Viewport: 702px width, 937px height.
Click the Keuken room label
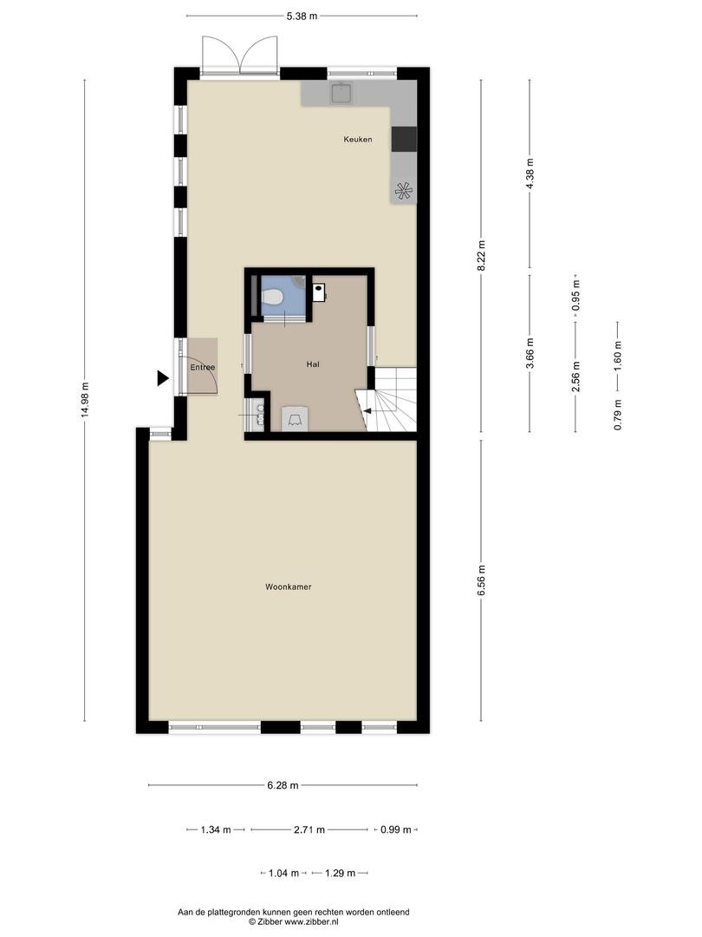[358, 139]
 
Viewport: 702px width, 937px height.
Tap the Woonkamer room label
[289, 586]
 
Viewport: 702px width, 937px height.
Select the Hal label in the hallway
[313, 364]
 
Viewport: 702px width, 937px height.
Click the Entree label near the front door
[202, 368]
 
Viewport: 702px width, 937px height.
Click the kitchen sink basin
[341, 93]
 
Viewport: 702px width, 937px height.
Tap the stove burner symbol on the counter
[404, 191]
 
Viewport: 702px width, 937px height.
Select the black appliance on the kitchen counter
[404, 139]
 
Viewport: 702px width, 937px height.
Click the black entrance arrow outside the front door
[163, 377]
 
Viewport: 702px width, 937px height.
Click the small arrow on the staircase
[367, 410]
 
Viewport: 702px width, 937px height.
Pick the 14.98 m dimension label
[85, 401]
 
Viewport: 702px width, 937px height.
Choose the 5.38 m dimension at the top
[302, 16]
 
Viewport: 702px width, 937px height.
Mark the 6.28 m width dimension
[283, 785]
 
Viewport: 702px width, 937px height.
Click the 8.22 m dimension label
[482, 255]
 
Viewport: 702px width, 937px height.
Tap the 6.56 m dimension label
[482, 580]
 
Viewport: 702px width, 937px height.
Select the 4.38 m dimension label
[530, 174]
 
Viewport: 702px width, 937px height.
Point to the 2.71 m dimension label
[309, 829]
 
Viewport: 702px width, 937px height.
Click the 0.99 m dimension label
[396, 829]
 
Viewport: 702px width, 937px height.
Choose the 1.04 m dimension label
[283, 873]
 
